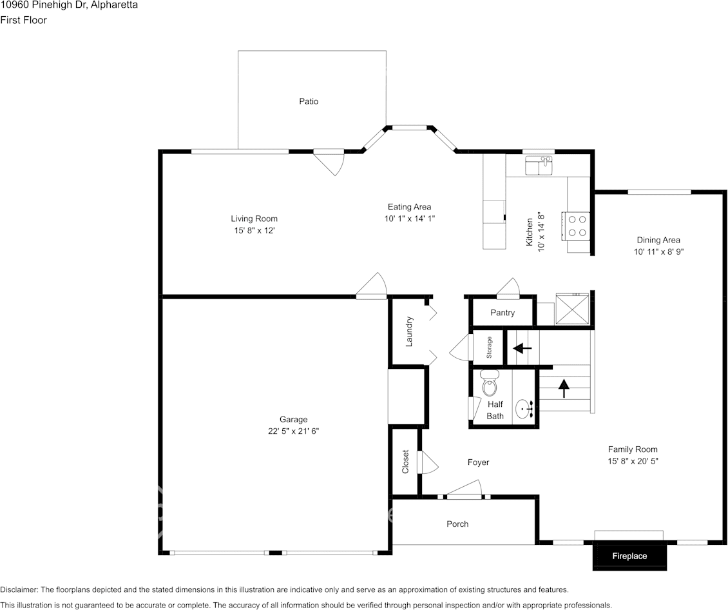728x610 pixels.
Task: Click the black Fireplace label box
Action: (629, 556)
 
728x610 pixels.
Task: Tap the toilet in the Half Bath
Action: (490, 385)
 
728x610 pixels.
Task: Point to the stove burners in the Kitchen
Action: (577, 225)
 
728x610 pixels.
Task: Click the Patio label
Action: (309, 101)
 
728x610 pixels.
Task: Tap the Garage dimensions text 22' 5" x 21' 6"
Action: (293, 431)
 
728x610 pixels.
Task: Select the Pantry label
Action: (503, 313)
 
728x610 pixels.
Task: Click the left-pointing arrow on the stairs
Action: (522, 348)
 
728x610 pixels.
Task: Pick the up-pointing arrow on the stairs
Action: (564, 388)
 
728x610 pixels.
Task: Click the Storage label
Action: (490, 348)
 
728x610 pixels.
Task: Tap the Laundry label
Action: (409, 332)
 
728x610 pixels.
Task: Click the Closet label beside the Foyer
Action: (405, 462)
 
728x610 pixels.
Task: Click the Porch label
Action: (457, 524)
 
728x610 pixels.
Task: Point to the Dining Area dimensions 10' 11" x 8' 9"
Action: (658, 252)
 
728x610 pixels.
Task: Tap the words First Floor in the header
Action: (23, 20)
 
